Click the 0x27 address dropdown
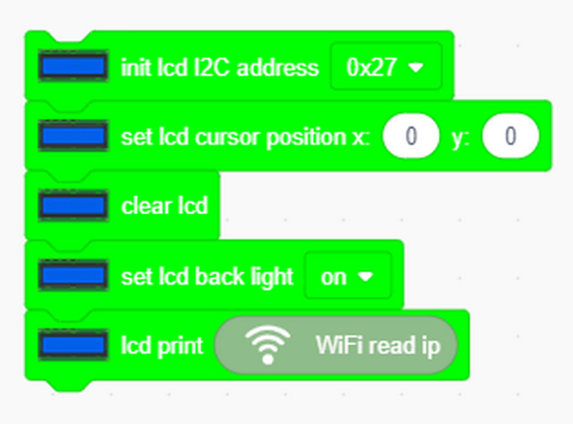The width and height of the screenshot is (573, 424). coord(386,66)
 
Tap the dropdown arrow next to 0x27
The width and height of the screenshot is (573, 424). coord(416,67)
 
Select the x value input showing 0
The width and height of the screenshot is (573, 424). coord(411,136)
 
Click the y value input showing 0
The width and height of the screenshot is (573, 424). coord(510,136)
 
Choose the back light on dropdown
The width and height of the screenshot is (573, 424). coord(348,276)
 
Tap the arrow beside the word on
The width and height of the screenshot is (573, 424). coord(366,277)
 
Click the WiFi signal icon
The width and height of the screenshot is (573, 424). coord(268,344)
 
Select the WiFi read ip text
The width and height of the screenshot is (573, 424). coord(378,346)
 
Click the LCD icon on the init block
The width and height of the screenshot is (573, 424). coord(73,66)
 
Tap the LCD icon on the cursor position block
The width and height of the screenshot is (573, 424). coord(73,136)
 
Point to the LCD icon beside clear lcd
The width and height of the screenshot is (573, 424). coord(73,206)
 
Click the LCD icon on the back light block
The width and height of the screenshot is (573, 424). coord(73,275)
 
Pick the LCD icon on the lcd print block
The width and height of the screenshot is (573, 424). coord(73,345)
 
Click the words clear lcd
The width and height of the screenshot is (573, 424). coord(164,206)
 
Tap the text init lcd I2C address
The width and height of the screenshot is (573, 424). coord(219,68)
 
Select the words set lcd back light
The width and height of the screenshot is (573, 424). coord(207,277)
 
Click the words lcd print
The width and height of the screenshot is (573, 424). coord(162,346)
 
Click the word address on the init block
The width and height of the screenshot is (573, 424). coord(278,68)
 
